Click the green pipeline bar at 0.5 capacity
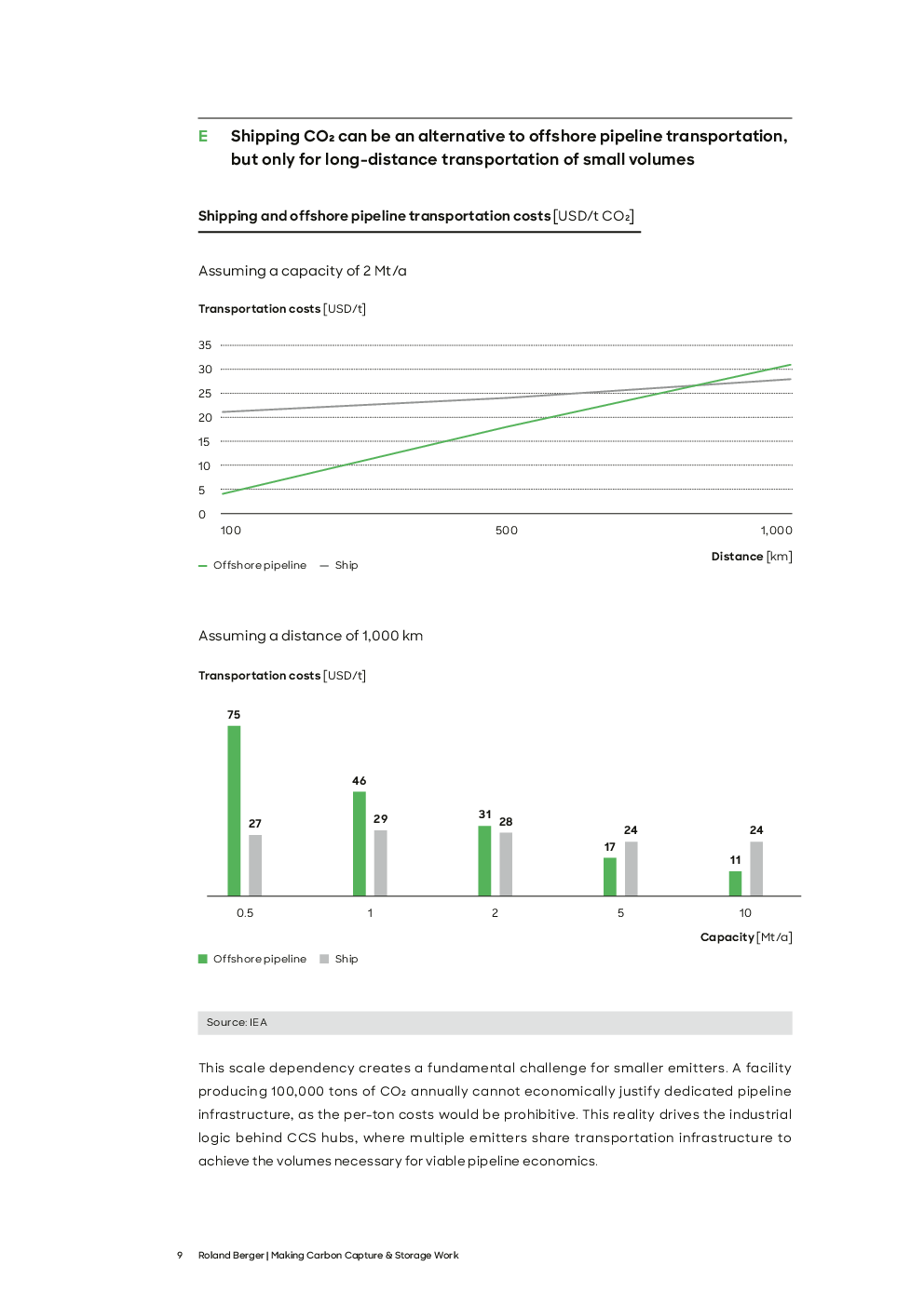(x=234, y=810)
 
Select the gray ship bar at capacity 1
(x=380, y=863)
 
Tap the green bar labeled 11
(x=735, y=883)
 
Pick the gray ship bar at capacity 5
(x=631, y=868)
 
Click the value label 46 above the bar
(x=359, y=781)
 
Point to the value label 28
(x=506, y=822)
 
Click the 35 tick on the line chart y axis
(x=204, y=345)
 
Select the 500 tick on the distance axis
(x=506, y=531)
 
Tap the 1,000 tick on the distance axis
(x=776, y=531)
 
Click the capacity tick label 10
(x=745, y=913)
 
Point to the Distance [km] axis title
(x=751, y=557)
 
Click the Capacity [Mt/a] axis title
(x=745, y=937)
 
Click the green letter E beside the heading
(x=203, y=137)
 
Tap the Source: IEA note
(x=237, y=1022)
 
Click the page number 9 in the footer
(x=180, y=1256)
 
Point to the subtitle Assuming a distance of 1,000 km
(x=310, y=636)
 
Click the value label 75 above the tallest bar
(x=234, y=715)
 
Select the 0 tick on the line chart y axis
(x=202, y=515)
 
